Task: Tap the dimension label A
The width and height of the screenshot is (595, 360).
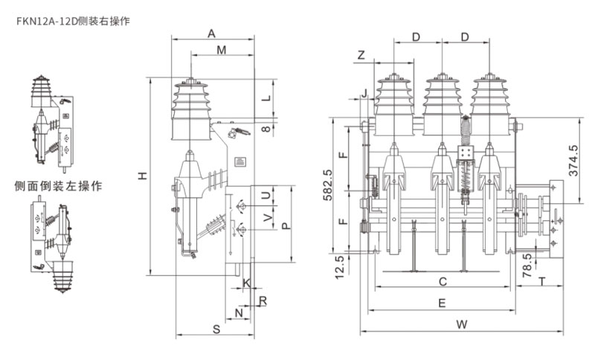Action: pos(211,34)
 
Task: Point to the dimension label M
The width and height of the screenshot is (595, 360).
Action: pos(221,50)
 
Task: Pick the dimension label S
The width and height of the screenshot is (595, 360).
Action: pos(215,328)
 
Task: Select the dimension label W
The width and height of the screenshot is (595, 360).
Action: pos(461,324)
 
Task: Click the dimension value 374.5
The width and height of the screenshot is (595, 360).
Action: pos(573,159)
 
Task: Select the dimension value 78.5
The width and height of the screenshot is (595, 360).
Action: pos(527,263)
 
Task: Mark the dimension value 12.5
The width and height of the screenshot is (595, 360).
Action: pos(340,264)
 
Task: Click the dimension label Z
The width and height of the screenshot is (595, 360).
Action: pos(361,56)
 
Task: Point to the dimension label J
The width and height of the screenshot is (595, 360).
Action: pos(364,93)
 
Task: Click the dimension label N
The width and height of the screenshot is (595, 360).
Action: pos(239,313)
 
